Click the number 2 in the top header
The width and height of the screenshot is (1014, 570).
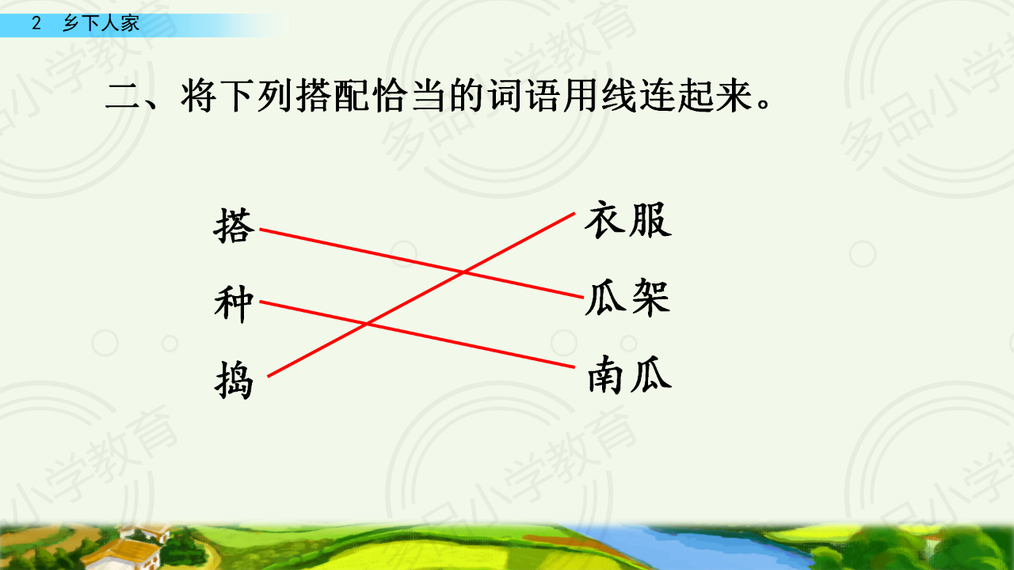click(x=36, y=23)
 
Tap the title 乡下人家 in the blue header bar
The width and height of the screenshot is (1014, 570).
click(x=101, y=23)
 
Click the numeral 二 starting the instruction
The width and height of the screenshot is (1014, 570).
click(x=122, y=96)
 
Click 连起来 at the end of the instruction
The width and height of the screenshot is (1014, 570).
click(x=696, y=96)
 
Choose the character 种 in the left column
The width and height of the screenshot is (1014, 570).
click(x=234, y=303)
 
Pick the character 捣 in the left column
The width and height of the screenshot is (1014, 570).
click(x=234, y=380)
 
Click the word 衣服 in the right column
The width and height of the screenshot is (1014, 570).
click(x=628, y=220)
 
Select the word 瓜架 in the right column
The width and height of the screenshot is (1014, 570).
click(x=628, y=297)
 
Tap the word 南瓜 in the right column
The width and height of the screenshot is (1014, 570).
click(x=629, y=374)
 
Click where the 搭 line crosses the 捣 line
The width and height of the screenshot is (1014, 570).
click(x=463, y=272)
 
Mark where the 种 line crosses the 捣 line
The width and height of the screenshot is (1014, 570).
click(x=366, y=324)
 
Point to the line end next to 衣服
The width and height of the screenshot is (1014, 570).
click(x=574, y=213)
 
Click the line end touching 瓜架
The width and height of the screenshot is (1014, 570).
click(x=582, y=297)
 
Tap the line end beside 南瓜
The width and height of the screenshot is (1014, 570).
click(x=574, y=367)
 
